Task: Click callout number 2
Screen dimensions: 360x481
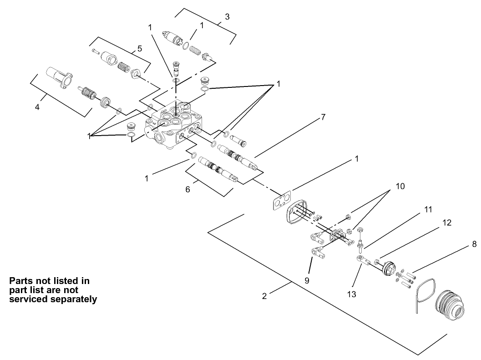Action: click(x=264, y=296)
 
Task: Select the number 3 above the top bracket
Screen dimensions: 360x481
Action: click(x=227, y=17)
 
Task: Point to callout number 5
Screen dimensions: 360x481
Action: click(x=140, y=48)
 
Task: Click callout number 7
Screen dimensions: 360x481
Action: click(x=323, y=117)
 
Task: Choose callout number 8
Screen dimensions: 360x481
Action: click(x=474, y=244)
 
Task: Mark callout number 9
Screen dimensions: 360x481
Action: click(x=307, y=281)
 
